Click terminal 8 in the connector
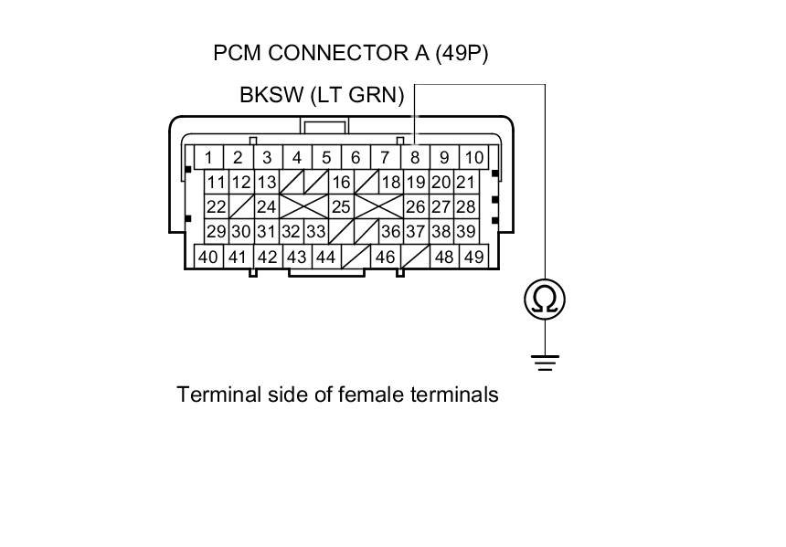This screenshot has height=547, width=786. [x=414, y=157]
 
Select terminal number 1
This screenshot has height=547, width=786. [x=209, y=157]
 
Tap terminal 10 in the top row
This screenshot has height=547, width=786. [x=473, y=157]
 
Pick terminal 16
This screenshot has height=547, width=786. [x=341, y=183]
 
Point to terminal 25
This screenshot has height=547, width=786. [x=341, y=207]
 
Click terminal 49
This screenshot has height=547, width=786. [x=473, y=257]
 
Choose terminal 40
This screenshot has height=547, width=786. [x=208, y=257]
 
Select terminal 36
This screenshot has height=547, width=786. [x=390, y=232]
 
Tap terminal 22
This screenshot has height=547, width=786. [x=216, y=207]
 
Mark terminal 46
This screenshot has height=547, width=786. [x=385, y=257]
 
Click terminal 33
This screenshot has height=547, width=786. [x=316, y=232]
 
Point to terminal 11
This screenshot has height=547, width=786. [x=216, y=183]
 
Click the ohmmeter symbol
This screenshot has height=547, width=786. [x=545, y=299]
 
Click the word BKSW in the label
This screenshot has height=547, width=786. [x=271, y=95]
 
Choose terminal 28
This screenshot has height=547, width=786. [x=465, y=207]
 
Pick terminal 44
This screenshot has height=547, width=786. [x=325, y=257]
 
